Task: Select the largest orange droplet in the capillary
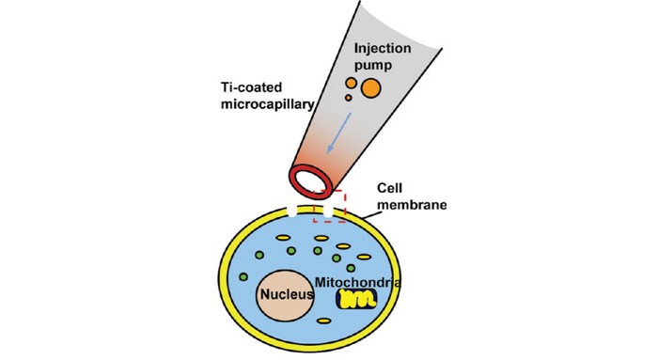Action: click(x=370, y=88)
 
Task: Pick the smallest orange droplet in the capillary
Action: click(x=349, y=98)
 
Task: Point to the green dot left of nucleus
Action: click(x=244, y=278)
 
